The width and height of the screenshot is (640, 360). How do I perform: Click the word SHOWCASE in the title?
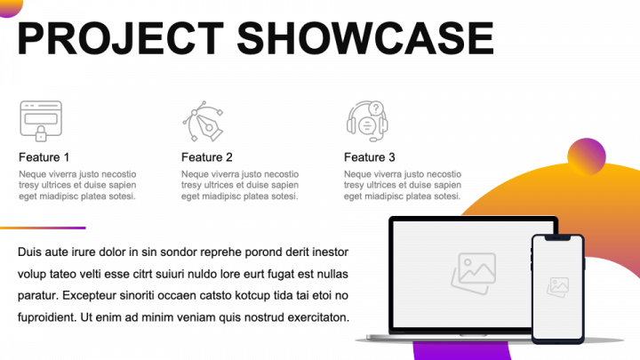point(365,38)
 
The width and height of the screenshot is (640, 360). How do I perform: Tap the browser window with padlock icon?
point(41,121)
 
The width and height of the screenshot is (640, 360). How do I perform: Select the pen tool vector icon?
point(203,121)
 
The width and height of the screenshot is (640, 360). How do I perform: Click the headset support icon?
point(367,121)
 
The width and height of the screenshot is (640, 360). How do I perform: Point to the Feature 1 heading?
point(44,157)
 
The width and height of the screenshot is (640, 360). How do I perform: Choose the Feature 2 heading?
point(207,157)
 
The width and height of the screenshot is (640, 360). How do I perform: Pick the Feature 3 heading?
point(370,157)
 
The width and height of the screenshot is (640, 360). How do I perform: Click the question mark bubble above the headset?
point(376,108)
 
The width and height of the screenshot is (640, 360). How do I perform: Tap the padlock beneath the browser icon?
point(41,133)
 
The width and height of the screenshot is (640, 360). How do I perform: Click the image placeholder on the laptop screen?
point(474,274)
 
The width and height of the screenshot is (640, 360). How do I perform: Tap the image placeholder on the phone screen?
point(558,287)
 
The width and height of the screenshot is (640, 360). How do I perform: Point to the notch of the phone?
point(557,238)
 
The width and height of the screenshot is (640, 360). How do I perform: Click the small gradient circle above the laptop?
point(587,156)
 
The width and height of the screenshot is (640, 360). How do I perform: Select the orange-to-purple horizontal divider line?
point(43,228)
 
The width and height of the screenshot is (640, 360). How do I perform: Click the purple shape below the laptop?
point(462,350)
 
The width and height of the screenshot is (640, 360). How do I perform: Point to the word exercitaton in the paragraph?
point(318,317)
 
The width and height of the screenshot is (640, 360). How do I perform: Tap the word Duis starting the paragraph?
point(29,252)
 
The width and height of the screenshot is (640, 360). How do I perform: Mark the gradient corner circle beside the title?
point(10,7)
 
